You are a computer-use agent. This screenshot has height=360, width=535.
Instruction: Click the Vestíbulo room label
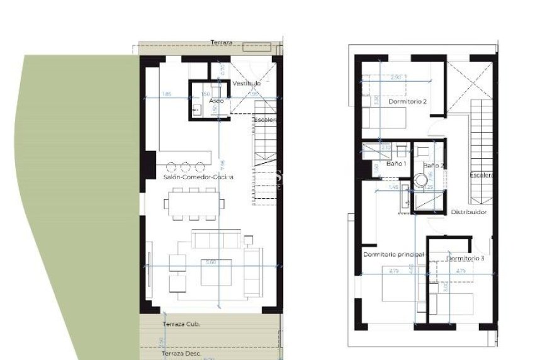(x=246, y=84)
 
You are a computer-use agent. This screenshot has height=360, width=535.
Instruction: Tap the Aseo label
(x=216, y=101)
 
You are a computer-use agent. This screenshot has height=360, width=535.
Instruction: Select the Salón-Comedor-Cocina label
(x=198, y=177)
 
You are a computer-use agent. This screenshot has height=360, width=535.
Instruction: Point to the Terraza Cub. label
(x=181, y=324)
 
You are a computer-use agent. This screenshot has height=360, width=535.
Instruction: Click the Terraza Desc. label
(x=181, y=354)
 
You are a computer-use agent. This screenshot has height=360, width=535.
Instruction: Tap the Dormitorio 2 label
(x=407, y=101)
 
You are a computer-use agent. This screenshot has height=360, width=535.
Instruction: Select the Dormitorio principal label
(x=393, y=254)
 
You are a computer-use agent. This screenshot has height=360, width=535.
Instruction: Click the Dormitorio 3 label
(x=465, y=259)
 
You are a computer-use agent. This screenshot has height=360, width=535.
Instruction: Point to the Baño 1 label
(x=396, y=164)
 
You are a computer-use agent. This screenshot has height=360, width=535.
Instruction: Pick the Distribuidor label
(x=468, y=213)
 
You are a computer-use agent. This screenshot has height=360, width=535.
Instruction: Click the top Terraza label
(x=222, y=43)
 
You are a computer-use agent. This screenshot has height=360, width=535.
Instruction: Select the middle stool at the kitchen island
(x=186, y=167)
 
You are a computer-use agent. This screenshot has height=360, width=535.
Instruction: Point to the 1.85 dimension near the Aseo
(x=167, y=94)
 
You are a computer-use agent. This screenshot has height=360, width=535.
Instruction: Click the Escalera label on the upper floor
(x=480, y=175)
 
